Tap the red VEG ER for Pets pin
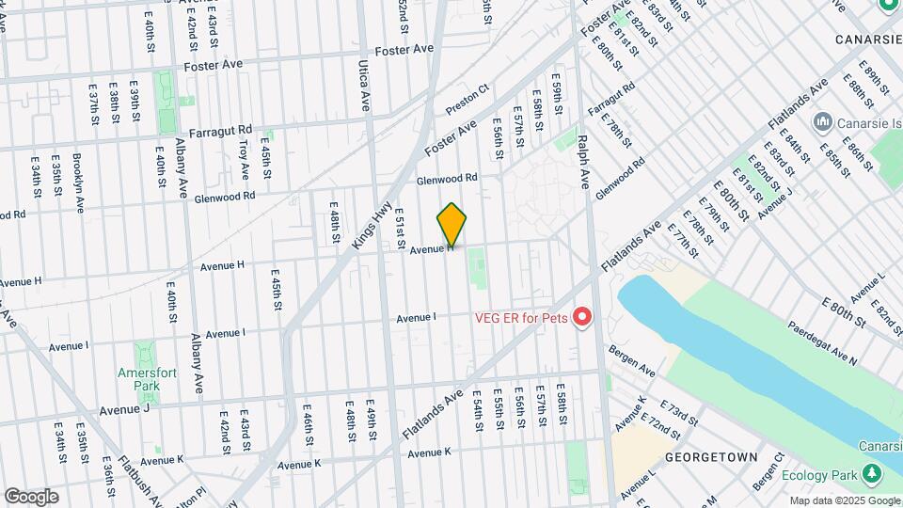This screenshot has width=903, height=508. click(581, 318)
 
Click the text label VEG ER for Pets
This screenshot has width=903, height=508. click(520, 318)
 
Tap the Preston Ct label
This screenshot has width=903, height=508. click(467, 100)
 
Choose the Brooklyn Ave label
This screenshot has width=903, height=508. click(78, 183)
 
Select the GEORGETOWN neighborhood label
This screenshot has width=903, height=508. click(711, 456)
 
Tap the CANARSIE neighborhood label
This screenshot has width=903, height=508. click(868, 40)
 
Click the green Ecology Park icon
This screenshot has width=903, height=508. click(872, 476)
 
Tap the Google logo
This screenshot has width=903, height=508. click(31, 496)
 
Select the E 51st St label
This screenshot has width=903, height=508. click(400, 225)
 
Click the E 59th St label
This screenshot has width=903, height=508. click(557, 98)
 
